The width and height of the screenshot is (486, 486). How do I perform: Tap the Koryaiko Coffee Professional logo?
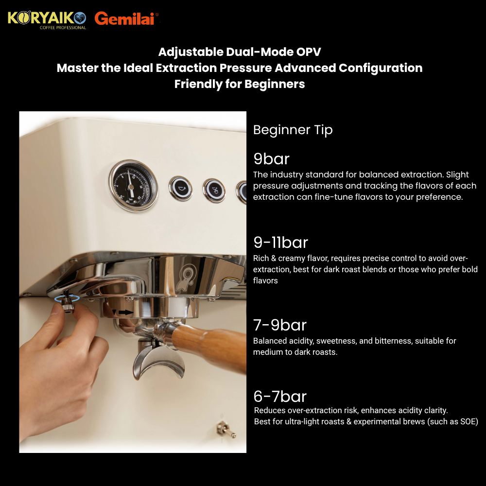[x=47, y=20]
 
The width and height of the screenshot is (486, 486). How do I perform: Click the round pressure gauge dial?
[x=133, y=186]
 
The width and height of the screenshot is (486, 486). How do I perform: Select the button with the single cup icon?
[x=180, y=188]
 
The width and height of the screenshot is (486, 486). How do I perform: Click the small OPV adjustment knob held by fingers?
[x=67, y=305]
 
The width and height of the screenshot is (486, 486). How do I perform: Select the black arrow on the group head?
[x=126, y=312]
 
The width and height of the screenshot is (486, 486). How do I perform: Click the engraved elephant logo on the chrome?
[x=187, y=277]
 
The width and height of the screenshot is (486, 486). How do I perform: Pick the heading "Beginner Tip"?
[x=293, y=130]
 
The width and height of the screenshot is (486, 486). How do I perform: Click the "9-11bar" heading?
[x=281, y=242]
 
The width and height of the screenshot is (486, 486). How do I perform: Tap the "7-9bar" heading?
[x=280, y=325]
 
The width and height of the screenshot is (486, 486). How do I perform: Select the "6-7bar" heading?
[x=280, y=396]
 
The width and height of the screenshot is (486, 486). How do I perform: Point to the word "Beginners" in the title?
[x=275, y=84]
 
